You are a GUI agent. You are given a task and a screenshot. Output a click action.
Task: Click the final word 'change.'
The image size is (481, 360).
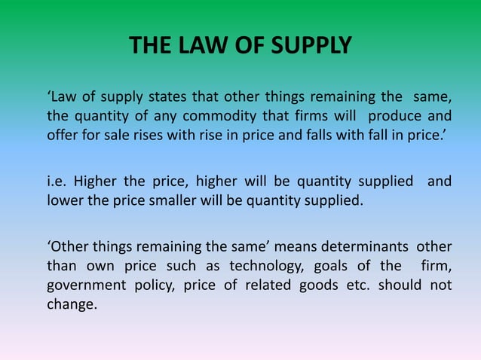72,306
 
